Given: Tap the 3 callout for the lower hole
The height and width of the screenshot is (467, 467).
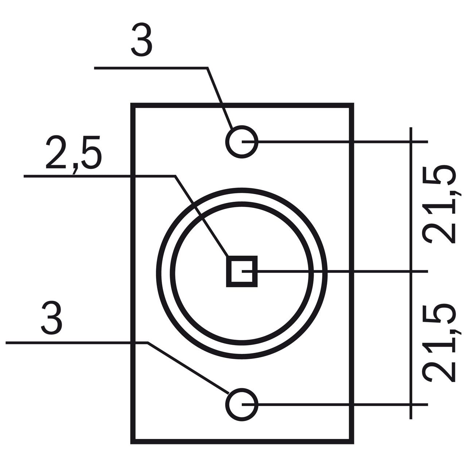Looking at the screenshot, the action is (52, 318).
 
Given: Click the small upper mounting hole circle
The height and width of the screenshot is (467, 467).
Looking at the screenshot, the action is (242, 142).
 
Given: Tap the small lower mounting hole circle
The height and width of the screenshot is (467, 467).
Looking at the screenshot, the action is (242, 405).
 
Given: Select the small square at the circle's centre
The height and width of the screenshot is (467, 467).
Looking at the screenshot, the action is (242, 271).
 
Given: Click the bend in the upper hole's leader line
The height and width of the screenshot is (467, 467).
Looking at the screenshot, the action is (208, 68).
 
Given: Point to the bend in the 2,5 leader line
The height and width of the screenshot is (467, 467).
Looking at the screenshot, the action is (175, 176).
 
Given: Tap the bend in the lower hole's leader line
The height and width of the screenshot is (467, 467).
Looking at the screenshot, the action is (147, 343).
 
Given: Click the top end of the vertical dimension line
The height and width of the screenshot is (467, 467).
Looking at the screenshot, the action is (411, 127).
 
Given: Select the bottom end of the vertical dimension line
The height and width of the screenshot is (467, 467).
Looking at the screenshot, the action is (411, 419).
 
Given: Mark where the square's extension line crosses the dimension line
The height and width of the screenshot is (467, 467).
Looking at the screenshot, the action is (411, 271).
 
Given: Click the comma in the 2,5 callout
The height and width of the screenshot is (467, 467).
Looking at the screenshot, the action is (76, 169).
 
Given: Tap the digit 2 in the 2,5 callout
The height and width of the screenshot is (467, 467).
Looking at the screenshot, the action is (56, 153).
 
